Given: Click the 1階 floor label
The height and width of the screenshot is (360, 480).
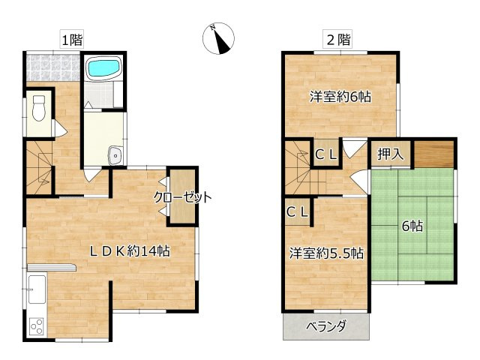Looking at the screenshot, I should point(72,40).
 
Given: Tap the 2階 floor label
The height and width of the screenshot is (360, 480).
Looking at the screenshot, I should point(338,40).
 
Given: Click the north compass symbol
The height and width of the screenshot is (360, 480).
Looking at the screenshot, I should point(220,38).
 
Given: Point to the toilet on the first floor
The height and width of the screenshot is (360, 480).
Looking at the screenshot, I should point(40,110).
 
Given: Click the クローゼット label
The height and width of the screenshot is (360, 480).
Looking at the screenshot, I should point(182,198).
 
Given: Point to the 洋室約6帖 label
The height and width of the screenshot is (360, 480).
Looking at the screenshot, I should point(341,97).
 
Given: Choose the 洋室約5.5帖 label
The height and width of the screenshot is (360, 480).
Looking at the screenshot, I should point(327,253).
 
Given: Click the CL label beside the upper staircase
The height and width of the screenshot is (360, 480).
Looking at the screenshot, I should point(325,155).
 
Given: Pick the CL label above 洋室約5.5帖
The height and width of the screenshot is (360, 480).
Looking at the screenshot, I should point(297,212).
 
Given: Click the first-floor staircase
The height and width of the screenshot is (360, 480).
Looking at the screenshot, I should point(40,169).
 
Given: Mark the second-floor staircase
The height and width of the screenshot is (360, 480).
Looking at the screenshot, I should point(298,169).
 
